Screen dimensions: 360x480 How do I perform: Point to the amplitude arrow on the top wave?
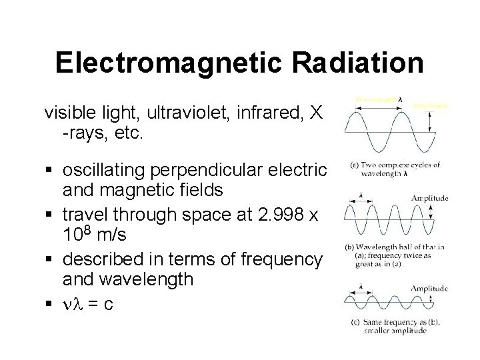click(431, 120)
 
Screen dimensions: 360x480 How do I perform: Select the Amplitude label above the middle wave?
click(429, 198)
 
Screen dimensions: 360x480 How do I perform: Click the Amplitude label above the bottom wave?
click(429, 288)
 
